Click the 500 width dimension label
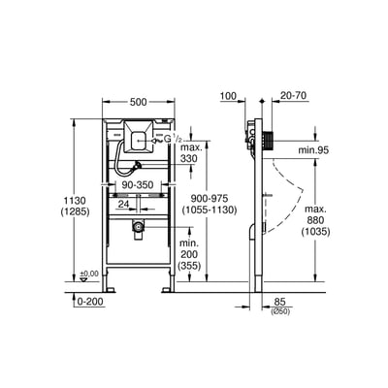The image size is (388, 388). pyautogui.click(x=138, y=102)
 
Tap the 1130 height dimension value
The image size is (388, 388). pyautogui.click(x=75, y=200)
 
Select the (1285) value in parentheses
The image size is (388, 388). pyautogui.click(x=75, y=212)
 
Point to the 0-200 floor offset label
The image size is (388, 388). pyautogui.click(x=90, y=302)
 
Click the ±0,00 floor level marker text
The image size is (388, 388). pyautogui.click(x=89, y=274)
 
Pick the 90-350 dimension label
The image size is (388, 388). pyautogui.click(x=138, y=185)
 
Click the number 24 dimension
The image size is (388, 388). pyautogui.click(x=123, y=204)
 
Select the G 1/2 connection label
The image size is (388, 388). pyautogui.click(x=173, y=139)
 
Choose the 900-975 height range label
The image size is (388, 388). pyautogui.click(x=210, y=198)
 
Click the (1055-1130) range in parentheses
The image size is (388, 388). pyautogui.click(x=210, y=210)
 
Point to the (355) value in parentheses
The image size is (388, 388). pyautogui.click(x=189, y=266)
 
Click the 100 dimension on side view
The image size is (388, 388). pyautogui.click(x=228, y=96)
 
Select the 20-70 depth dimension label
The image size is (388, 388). pyautogui.click(x=293, y=96)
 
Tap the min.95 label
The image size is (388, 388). pyautogui.click(x=313, y=150)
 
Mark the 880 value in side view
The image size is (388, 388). pyautogui.click(x=315, y=220)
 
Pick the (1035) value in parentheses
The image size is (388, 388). pyautogui.click(x=315, y=232)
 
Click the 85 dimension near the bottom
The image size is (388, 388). pyautogui.click(x=280, y=302)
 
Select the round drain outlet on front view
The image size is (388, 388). pyautogui.click(x=138, y=227)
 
